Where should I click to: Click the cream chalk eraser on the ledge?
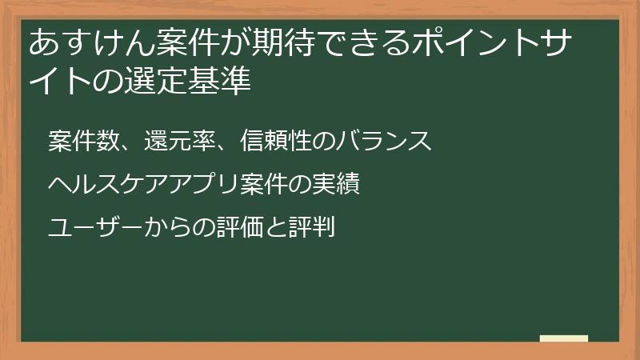[564, 339]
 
